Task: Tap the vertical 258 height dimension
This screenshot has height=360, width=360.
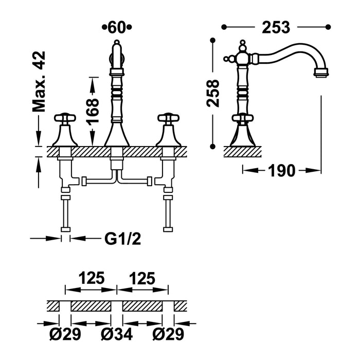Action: [213, 93]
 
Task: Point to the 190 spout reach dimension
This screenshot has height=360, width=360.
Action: [281, 170]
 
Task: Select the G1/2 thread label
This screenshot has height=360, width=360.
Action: [122, 239]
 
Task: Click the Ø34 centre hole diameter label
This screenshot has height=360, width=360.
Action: [117, 335]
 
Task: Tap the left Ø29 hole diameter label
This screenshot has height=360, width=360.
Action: [66, 335]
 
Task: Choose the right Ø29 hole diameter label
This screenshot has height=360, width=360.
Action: [168, 335]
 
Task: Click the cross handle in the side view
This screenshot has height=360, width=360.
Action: [242, 119]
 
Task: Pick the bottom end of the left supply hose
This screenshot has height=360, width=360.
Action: [65, 229]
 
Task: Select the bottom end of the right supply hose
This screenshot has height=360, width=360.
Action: [168, 229]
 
